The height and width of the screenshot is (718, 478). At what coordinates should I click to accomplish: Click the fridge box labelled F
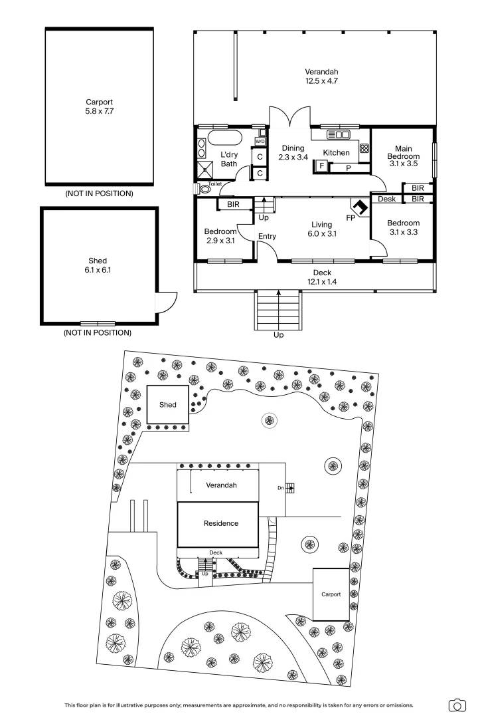[x=321, y=166]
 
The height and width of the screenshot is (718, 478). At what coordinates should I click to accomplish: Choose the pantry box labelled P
[x=349, y=168]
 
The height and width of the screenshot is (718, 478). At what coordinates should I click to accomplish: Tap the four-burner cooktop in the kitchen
[x=364, y=149]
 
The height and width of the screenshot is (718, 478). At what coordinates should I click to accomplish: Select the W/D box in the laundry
[x=260, y=142]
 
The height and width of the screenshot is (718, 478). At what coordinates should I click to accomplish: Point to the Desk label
[x=386, y=199]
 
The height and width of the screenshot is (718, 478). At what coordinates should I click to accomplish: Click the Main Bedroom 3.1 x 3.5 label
[x=403, y=156]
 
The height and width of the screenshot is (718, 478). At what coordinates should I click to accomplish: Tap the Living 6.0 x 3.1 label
[x=321, y=229]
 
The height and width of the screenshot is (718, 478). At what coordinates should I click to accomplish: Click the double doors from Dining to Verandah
[x=293, y=119]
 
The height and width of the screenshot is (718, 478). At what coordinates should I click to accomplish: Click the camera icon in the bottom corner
[x=457, y=705]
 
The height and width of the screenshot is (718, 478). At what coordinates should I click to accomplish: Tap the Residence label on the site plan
[x=220, y=523]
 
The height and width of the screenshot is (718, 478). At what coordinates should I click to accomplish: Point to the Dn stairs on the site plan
[x=287, y=488]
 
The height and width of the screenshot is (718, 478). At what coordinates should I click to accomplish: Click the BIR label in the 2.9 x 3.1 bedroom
[x=233, y=205]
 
